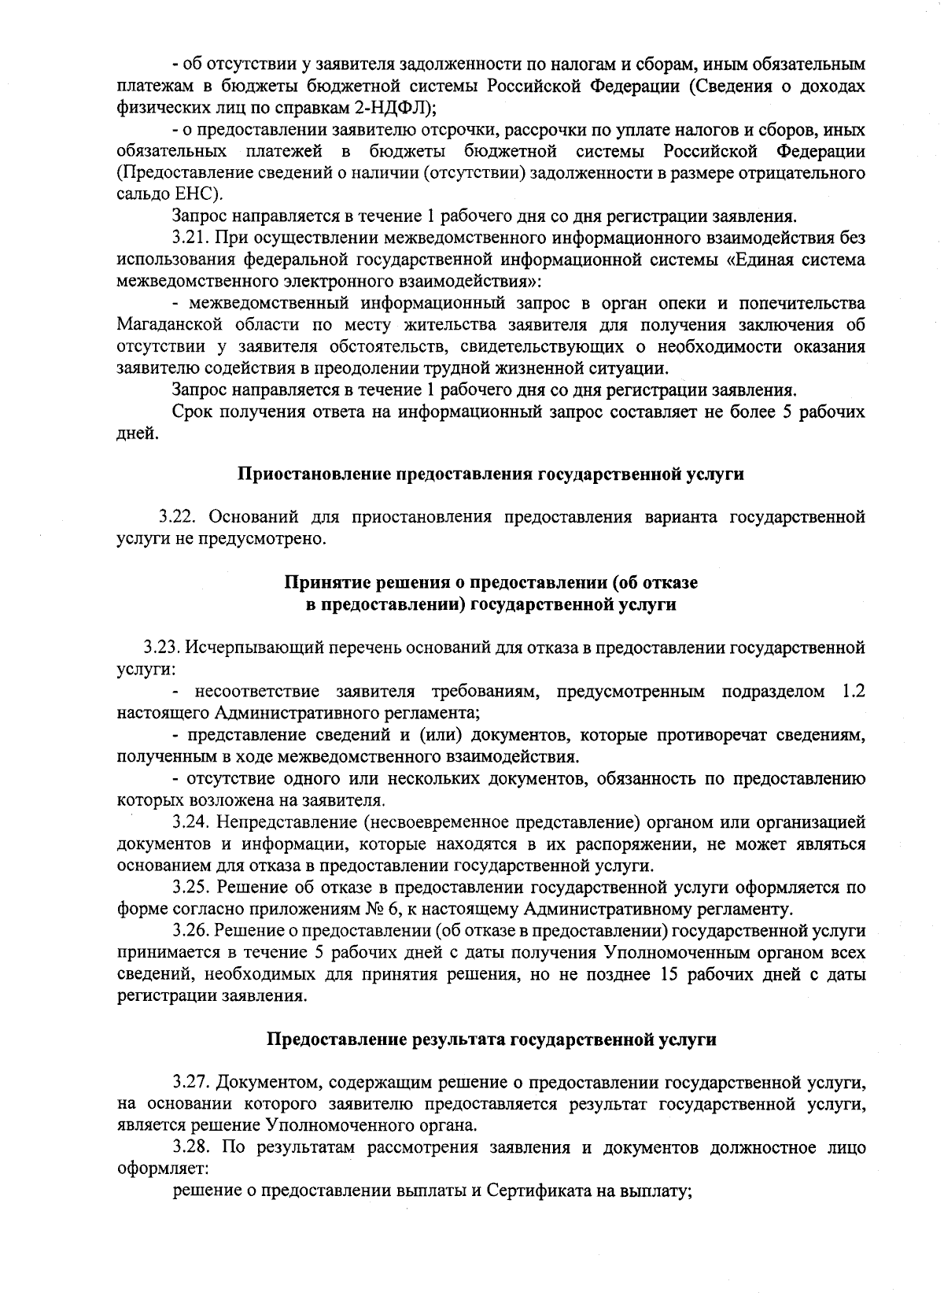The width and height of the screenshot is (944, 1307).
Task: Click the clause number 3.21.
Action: [x=191, y=238]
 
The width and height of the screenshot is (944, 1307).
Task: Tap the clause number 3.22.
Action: [x=179, y=517]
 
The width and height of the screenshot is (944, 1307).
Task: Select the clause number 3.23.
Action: [x=163, y=648]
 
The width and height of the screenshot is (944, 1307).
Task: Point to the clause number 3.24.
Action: [x=191, y=823]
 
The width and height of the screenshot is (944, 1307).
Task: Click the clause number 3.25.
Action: [x=191, y=888]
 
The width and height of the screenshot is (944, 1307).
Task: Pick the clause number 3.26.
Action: [x=191, y=932]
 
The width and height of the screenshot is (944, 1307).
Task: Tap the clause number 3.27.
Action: [x=191, y=1080]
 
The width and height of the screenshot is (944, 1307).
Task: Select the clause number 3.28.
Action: [x=191, y=1146]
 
